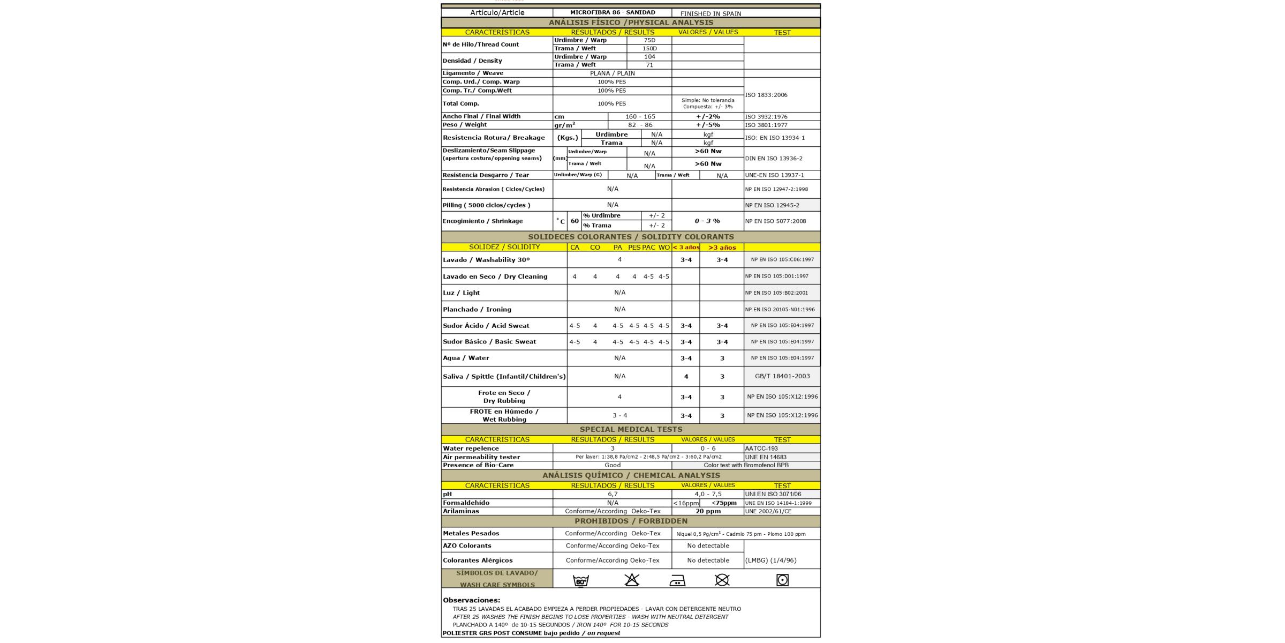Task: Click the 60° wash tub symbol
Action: click(x=581, y=580)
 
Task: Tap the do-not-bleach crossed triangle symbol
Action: click(x=632, y=580)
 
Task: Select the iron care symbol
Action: click(x=677, y=581)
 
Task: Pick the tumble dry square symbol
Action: click(x=782, y=580)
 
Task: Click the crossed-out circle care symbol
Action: click(x=722, y=580)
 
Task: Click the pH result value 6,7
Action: click(x=613, y=494)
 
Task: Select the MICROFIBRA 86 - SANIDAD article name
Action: click(x=612, y=12)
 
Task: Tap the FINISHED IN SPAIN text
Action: click(x=710, y=13)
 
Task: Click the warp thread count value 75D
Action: click(x=649, y=40)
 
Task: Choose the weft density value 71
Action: click(x=649, y=65)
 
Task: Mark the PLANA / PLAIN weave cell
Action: click(x=612, y=73)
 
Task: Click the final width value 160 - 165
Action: click(x=640, y=116)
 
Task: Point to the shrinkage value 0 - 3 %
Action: click(x=707, y=221)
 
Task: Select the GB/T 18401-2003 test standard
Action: click(x=782, y=376)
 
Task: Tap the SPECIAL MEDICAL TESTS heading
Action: click(x=631, y=429)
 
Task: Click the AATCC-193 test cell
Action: click(x=761, y=448)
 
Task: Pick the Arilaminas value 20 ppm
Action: click(x=708, y=511)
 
